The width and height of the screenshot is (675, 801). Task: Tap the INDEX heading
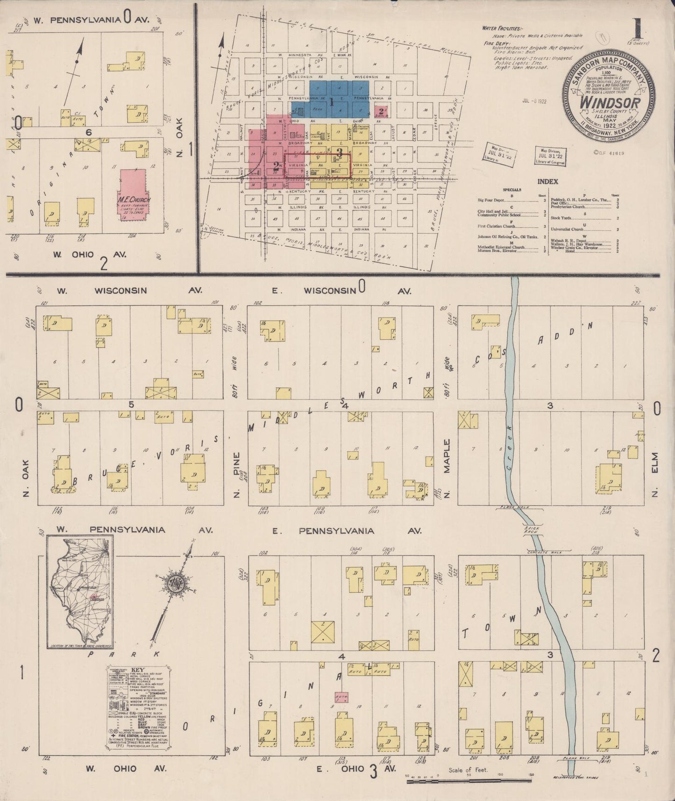point(547,181)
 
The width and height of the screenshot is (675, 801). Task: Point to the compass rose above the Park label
point(175,585)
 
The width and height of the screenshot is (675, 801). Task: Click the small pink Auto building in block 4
point(341,697)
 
